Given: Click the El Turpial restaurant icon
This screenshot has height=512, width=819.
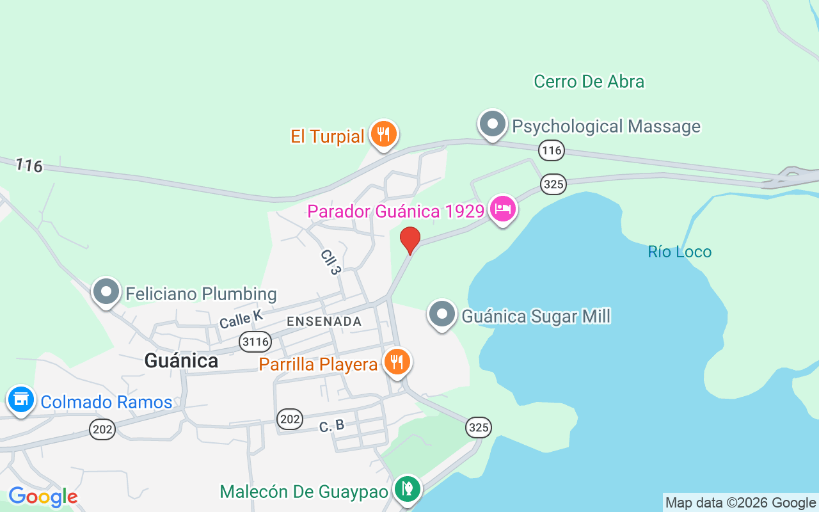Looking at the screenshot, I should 383,134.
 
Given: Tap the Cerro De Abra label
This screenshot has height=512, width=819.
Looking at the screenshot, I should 589,81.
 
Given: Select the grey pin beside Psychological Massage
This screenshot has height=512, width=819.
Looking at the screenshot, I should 492,124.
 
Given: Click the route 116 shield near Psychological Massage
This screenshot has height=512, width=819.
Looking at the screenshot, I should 551,150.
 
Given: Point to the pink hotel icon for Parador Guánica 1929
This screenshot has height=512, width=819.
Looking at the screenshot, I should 503,209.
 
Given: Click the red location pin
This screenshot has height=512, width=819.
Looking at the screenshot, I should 410,240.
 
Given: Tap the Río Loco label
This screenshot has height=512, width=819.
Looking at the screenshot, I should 680,252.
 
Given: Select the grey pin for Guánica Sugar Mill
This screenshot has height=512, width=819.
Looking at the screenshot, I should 441,314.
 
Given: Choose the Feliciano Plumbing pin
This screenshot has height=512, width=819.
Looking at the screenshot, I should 106,292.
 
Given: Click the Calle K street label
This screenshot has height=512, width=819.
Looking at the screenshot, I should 241,319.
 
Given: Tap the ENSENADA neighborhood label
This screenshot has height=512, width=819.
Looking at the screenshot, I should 324,321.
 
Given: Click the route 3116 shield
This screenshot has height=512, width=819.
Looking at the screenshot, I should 255,342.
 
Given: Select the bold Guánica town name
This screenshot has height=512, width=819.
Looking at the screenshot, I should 181,361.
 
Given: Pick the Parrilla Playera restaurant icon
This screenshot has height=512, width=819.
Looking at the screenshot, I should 397,362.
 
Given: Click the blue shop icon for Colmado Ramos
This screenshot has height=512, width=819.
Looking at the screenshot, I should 20,399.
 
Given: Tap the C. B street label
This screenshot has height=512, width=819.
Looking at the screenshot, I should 331,426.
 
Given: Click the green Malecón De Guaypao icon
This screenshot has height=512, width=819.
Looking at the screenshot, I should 407,490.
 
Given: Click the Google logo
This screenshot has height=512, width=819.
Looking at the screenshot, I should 43,497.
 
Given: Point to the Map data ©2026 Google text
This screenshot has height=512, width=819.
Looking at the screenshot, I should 740,503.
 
